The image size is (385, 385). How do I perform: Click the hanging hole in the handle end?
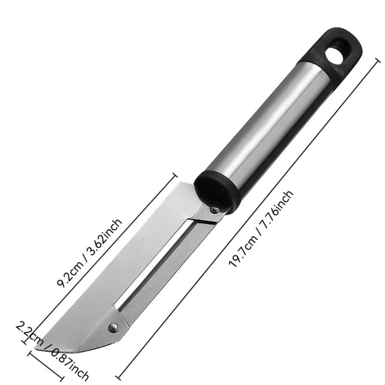click(334, 56)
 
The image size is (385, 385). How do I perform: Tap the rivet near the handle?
click(215, 209)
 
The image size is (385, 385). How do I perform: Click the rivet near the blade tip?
click(113, 327)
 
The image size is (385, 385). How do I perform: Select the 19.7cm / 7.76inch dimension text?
click(261, 228)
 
